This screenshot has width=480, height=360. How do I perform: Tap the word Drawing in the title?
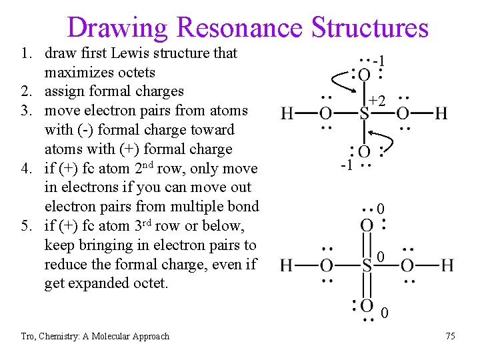[119, 27]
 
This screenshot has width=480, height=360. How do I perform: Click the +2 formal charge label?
[377, 101]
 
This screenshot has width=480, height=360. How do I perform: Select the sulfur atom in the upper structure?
[364, 113]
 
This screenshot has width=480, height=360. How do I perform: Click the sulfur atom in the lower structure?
[366, 266]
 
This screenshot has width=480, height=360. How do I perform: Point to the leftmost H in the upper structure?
[287, 113]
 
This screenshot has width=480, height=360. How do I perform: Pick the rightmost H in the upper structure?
[441, 113]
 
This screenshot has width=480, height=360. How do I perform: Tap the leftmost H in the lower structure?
[287, 266]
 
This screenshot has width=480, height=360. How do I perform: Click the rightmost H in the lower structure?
[446, 266]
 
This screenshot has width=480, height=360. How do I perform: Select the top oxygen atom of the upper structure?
[364, 75]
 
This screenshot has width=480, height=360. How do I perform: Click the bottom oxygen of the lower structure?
[366, 307]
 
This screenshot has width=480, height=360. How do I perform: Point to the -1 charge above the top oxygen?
[380, 61]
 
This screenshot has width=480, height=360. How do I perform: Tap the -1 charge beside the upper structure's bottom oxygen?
[345, 165]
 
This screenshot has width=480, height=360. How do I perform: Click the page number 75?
[450, 336]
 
